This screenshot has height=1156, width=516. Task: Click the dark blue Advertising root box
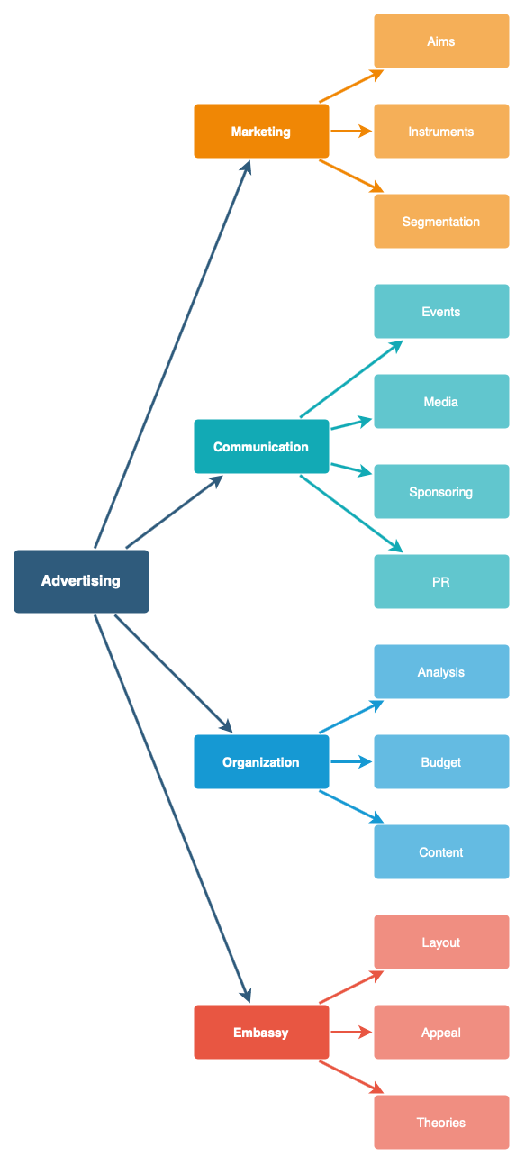pos(81,581)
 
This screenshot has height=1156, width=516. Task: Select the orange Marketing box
pos(261,132)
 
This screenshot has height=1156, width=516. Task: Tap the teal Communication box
pos(261,447)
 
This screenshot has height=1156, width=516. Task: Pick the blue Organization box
pos(261,762)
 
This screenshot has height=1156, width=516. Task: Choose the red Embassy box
pos(261,1033)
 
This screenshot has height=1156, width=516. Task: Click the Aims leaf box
pos(441,41)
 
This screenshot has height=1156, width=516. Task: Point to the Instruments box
pos(441,132)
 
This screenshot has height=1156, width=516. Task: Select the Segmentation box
pos(441,222)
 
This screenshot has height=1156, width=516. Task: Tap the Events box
pos(441,312)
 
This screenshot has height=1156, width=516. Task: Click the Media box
pos(441,402)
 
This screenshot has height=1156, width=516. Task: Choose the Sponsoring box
pos(441,492)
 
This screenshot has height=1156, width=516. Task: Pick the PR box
pos(441,582)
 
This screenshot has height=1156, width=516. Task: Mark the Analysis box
pos(441,672)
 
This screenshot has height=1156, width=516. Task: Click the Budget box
pos(441,762)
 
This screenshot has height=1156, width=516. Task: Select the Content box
pos(441,852)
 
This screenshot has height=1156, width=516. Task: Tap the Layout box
pos(441,942)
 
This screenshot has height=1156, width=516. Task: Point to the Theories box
pos(441,1123)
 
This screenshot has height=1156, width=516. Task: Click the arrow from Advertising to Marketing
pos(171,356)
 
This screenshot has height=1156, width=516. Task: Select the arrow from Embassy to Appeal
pos(351,1033)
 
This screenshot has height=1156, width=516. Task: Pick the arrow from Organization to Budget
pos(351,762)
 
